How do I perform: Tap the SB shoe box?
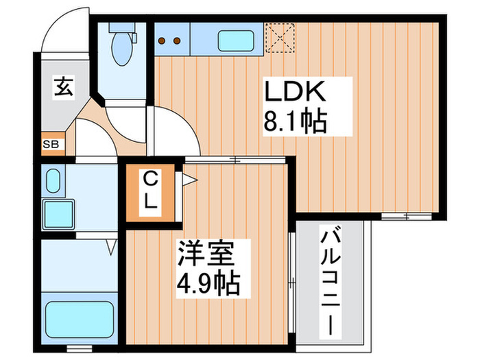coord(51,144)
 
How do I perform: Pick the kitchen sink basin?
coord(237,40)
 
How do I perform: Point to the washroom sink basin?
coord(52,181)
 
